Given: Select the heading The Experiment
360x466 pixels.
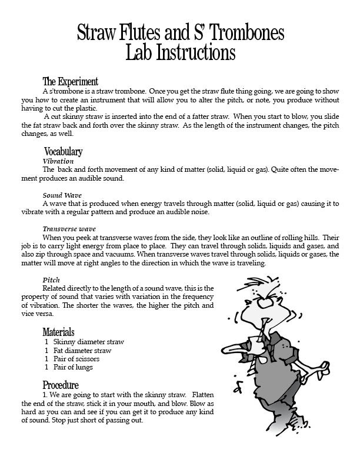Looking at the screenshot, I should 70,82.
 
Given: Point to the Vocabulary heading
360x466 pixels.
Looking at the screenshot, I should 64,152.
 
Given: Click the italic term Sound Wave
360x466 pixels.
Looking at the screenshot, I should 62,195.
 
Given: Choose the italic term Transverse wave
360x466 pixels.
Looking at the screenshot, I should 69,229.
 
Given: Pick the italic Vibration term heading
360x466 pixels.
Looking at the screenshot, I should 58,161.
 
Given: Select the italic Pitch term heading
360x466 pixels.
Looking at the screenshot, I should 51,279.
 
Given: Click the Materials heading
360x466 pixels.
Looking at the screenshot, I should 58,332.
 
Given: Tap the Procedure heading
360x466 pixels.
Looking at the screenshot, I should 61,385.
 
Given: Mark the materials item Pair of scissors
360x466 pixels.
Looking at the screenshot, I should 76,359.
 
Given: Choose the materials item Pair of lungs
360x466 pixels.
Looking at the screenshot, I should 73,367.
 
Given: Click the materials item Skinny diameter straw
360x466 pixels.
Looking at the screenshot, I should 88,342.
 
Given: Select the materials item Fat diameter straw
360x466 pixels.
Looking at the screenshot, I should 82,351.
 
